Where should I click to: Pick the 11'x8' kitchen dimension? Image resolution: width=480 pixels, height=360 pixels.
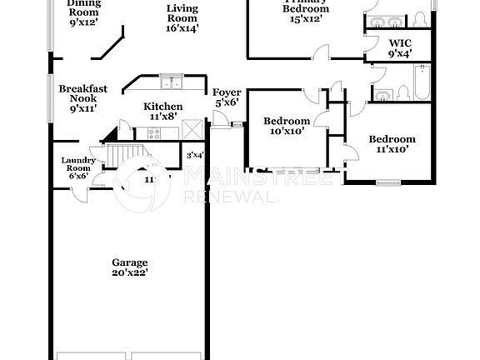162,117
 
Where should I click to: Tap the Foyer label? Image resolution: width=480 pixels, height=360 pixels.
227,92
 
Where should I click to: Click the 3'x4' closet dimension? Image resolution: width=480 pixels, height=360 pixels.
195,155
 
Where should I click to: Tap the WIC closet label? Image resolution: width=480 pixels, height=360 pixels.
401,42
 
